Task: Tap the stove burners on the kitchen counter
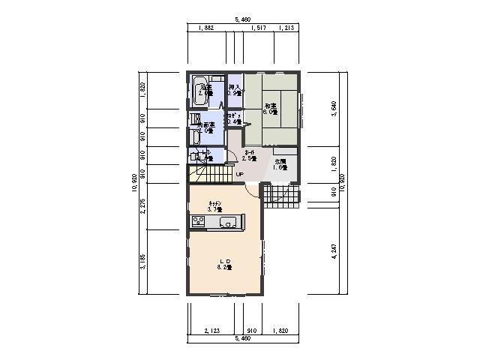(x=199, y=220)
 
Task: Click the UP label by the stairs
(x=239, y=175)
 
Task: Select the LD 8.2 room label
(x=224, y=263)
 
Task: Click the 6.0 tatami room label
(x=271, y=109)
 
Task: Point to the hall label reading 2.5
(x=249, y=155)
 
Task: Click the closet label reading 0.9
(x=235, y=90)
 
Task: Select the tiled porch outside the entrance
(x=283, y=196)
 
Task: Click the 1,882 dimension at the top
(x=206, y=28)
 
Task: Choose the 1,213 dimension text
(x=286, y=28)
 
